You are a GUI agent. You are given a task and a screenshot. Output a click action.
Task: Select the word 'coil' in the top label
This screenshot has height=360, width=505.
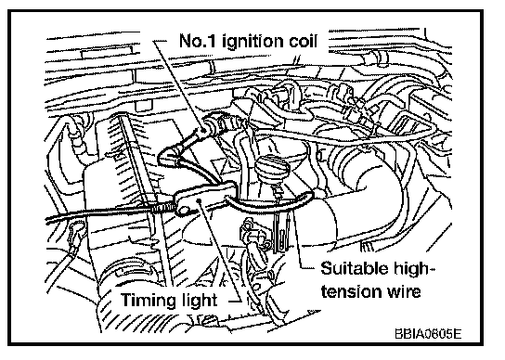[x=303, y=41]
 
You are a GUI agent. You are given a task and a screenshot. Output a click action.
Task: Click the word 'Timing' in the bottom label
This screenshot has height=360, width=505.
[x=148, y=302]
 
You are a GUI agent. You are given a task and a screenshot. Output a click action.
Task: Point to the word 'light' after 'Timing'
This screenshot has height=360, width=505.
[x=198, y=302]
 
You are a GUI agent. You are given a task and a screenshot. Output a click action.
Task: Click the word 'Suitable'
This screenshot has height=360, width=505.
[x=354, y=268]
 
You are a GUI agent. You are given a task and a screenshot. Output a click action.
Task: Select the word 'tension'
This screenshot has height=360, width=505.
[x=348, y=292]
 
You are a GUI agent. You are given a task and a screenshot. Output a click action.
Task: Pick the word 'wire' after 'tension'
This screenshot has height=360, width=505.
[x=400, y=292]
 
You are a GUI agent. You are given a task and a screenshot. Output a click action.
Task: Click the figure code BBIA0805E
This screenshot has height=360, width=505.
[x=428, y=334]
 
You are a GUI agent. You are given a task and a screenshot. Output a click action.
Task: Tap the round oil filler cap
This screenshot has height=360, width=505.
[x=271, y=167]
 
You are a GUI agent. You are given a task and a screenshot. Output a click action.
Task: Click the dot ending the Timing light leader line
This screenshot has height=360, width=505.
[x=200, y=200]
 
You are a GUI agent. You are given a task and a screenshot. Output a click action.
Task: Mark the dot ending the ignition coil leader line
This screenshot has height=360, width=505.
[x=204, y=130]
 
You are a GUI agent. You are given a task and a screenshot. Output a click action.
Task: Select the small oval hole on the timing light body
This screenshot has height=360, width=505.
[x=184, y=211]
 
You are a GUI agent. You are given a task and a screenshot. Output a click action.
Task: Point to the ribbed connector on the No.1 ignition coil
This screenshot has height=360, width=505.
[x=222, y=124]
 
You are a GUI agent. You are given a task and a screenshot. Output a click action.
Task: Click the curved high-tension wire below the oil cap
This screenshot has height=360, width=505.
[x=269, y=203]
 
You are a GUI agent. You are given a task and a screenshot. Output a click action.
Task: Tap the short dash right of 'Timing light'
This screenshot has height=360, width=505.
[x=235, y=302]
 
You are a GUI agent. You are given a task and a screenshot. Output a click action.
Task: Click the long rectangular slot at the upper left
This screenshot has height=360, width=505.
[x=107, y=53]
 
